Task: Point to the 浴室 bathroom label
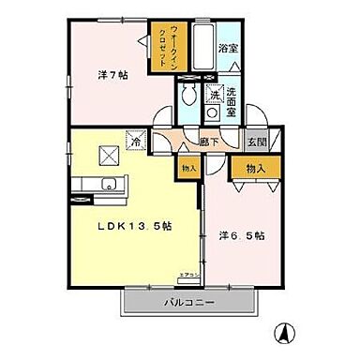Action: [x=228, y=47]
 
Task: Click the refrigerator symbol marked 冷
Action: [x=136, y=137]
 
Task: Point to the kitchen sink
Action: [x=109, y=183]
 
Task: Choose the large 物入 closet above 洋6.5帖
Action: [x=253, y=168]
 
